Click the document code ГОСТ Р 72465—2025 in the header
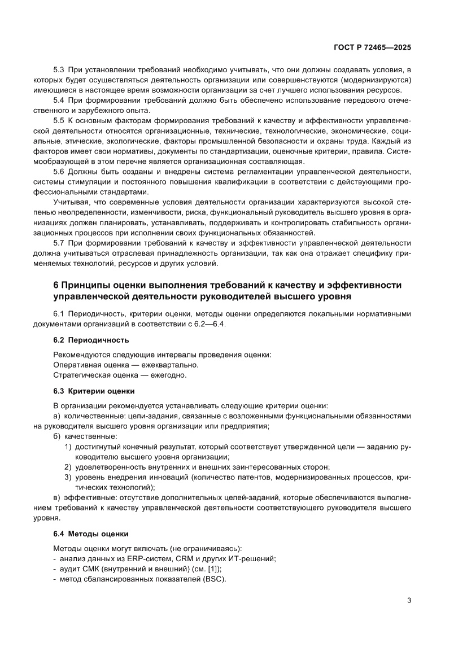(372, 48)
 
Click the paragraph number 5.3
(59, 70)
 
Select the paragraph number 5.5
(59, 121)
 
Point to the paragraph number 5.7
(59, 243)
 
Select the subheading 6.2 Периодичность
(91, 340)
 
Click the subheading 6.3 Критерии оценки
(94, 391)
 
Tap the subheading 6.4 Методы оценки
(91, 533)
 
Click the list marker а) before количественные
(57, 416)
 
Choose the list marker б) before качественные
(57, 436)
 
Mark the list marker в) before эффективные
(57, 497)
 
